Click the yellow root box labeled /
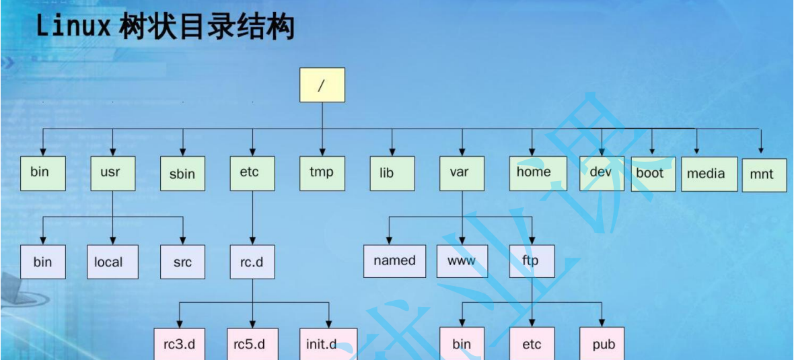click(322, 85)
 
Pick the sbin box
click(182, 174)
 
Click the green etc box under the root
click(252, 173)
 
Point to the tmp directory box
click(322, 173)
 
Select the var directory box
click(462, 173)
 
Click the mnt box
click(764, 174)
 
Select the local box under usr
click(112, 261)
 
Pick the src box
click(183, 261)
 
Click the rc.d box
click(252, 261)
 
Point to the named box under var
click(394, 260)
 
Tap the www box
click(462, 260)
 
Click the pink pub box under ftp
click(602, 344)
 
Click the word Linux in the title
click(73, 28)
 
